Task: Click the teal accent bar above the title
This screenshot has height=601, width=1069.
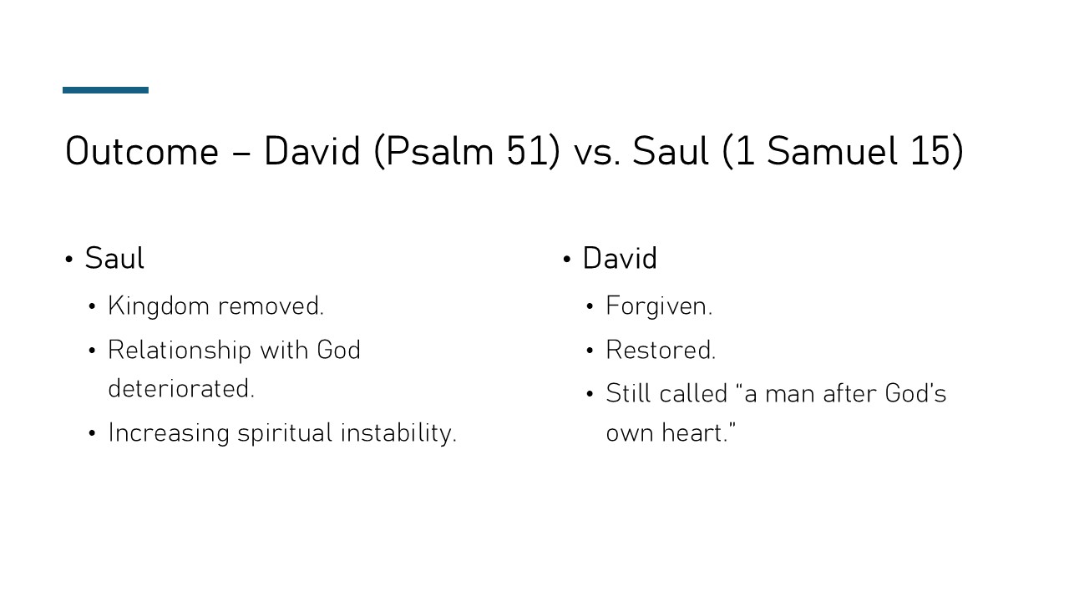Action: pos(105,90)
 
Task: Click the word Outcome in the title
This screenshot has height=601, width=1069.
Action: pos(141,152)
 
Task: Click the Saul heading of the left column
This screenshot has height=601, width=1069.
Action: pos(114,259)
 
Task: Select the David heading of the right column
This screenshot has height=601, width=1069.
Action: pos(620,259)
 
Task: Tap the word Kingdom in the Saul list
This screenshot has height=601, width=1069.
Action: pos(159,306)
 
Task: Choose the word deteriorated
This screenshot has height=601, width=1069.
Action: pos(180,389)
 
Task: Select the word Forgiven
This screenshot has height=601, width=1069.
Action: pos(659,306)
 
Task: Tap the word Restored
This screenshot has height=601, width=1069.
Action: pos(661,350)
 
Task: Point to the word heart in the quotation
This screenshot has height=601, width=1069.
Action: pos(695,433)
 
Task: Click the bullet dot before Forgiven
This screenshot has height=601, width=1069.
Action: pos(590,307)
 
